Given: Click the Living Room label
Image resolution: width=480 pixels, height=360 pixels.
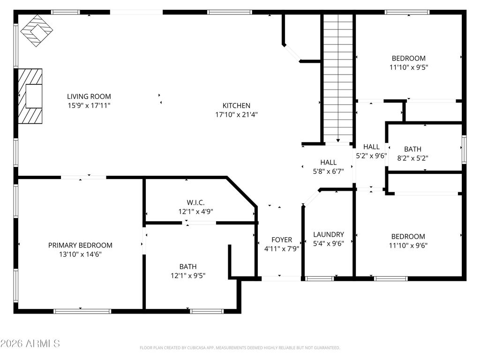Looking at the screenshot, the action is pyautogui.click(x=89, y=97).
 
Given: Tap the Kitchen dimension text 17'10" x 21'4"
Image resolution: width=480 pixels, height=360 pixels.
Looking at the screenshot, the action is pyautogui.click(x=236, y=115).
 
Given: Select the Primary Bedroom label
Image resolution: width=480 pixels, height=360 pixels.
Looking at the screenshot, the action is pyautogui.click(x=80, y=245).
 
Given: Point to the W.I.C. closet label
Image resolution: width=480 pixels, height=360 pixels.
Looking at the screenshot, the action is pyautogui.click(x=195, y=202).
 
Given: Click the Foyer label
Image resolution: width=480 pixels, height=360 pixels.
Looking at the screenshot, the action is pyautogui.click(x=282, y=240).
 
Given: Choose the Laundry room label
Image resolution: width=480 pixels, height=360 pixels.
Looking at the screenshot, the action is pyautogui.click(x=329, y=234).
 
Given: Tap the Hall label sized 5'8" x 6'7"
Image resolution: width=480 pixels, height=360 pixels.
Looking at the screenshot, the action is pyautogui.click(x=329, y=162).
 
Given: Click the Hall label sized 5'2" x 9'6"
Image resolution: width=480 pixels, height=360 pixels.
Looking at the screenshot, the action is pyautogui.click(x=371, y=147).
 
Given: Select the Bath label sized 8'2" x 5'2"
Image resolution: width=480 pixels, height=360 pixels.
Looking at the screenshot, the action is pyautogui.click(x=412, y=149).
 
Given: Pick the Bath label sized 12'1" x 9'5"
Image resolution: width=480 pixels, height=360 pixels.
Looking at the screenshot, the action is pyautogui.click(x=188, y=267).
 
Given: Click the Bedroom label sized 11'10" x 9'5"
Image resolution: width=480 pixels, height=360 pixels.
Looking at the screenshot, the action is pyautogui.click(x=409, y=58).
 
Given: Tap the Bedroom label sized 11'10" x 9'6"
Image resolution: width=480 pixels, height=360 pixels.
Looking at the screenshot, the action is pyautogui.click(x=408, y=236).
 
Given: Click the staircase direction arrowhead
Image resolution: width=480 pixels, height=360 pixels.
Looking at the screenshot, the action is pyautogui.click(x=338, y=141).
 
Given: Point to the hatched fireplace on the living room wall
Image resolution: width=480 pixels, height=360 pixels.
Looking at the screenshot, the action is pyautogui.click(x=30, y=96).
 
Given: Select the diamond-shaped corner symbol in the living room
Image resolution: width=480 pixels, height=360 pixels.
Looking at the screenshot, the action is pyautogui.click(x=37, y=30).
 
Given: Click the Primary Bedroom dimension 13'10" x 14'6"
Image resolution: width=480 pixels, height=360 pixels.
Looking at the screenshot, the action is pyautogui.click(x=80, y=254).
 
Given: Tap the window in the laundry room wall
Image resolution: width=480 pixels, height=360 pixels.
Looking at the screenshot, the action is pyautogui.click(x=320, y=278).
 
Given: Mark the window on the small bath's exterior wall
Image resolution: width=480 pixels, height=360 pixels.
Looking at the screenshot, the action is pyautogui.click(x=464, y=149).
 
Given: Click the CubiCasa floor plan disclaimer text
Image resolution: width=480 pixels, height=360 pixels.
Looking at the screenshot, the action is pyautogui.click(x=240, y=348).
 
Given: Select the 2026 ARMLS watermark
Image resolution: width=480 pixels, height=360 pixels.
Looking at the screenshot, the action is pyautogui.click(x=30, y=344).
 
